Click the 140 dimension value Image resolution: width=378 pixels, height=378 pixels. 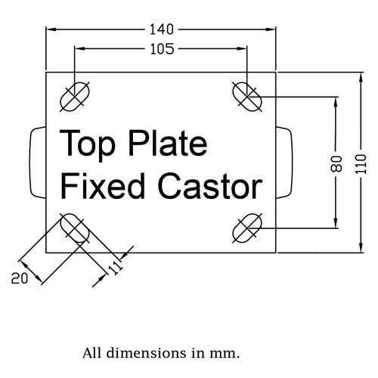[x=162, y=29]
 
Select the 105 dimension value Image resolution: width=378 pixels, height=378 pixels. [x=162, y=49]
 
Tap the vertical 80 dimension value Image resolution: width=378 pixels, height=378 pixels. [x=336, y=164]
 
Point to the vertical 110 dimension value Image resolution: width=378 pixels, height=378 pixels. [x=361, y=164]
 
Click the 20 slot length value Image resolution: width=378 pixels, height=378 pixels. [x=20, y=279]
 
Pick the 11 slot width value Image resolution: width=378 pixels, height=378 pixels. [x=116, y=268]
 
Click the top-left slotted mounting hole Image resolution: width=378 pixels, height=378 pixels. [x=75, y=97]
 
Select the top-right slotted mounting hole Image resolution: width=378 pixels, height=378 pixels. [x=247, y=97]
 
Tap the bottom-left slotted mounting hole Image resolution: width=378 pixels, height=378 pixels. [x=75, y=228]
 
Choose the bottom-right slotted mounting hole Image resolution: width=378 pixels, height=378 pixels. [x=247, y=228]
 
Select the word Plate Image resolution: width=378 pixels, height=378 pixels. [x=168, y=143]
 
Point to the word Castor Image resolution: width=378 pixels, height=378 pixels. [x=210, y=187]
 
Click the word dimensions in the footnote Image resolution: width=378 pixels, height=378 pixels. [x=146, y=353]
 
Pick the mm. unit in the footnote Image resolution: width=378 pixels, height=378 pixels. [x=225, y=354]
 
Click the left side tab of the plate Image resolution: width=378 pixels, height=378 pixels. [x=38, y=163]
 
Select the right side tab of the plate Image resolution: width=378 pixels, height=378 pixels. [x=284, y=163]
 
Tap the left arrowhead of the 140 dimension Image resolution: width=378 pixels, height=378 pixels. [x=51, y=29]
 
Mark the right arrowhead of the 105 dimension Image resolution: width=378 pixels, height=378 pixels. [x=242, y=49]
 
